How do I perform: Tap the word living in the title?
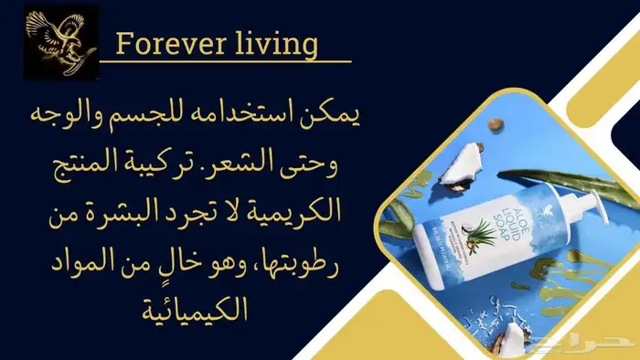273,43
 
